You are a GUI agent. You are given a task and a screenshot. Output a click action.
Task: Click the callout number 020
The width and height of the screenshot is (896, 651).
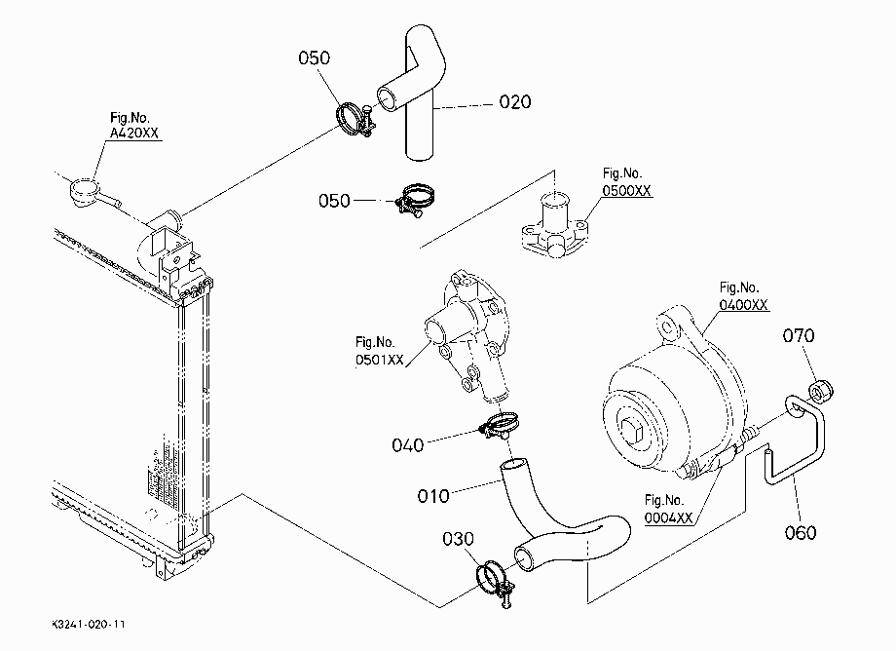pyautogui.click(x=515, y=101)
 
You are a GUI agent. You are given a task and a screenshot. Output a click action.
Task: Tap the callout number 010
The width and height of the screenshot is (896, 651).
pyautogui.click(x=433, y=495)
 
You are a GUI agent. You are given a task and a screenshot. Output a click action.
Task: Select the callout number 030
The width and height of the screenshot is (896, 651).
pyautogui.click(x=459, y=538)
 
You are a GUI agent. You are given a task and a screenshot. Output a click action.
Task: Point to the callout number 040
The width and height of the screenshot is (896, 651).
pyautogui.click(x=407, y=445)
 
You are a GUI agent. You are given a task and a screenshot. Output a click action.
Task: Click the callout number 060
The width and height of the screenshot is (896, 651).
pyautogui.click(x=800, y=533)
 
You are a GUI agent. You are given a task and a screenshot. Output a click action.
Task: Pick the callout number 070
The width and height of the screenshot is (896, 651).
pyautogui.click(x=799, y=335)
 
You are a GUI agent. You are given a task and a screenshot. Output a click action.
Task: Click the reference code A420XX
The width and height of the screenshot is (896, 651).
pyautogui.click(x=134, y=134)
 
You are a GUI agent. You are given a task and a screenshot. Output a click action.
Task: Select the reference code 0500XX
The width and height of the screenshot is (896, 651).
pyautogui.click(x=627, y=190)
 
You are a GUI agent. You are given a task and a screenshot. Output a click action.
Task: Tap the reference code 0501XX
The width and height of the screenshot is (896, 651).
pyautogui.click(x=380, y=360)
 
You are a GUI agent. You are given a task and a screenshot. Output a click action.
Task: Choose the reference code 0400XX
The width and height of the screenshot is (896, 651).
pyautogui.click(x=743, y=305)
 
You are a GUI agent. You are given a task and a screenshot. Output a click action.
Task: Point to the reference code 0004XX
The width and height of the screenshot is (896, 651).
pyautogui.click(x=668, y=517)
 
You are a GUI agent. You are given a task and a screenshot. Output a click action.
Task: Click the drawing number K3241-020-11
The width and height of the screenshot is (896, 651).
pyautogui.click(x=88, y=624)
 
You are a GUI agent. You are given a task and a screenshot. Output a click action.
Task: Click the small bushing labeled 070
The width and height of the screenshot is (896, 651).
pyautogui.click(x=821, y=391)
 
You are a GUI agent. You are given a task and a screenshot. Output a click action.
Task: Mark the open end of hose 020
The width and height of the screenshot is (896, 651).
pyautogui.click(x=390, y=98)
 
